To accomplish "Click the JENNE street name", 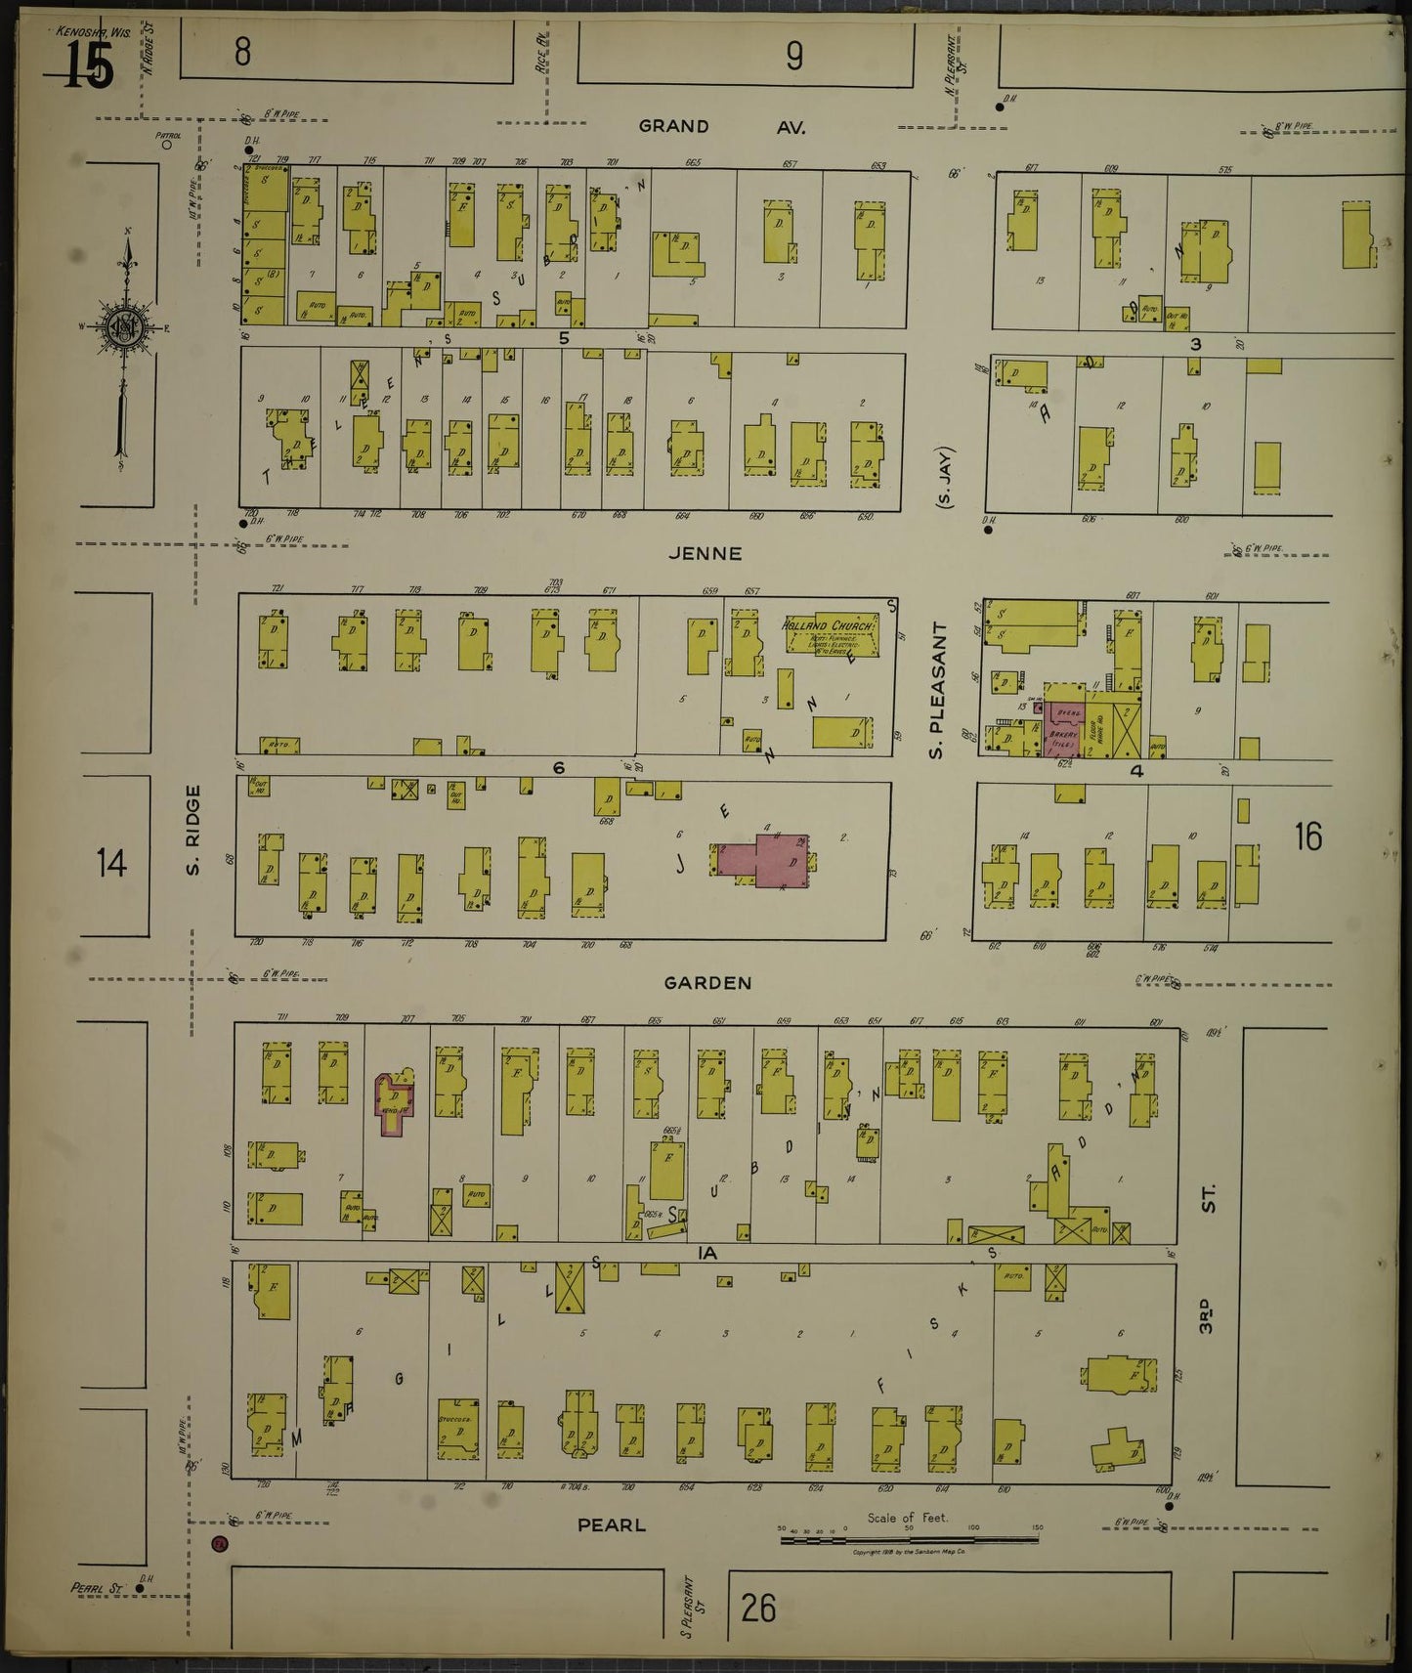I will pyautogui.click(x=705, y=553).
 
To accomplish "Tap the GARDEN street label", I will pyautogui.click(x=707, y=983).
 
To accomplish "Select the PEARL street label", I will pyautogui.click(x=612, y=1523).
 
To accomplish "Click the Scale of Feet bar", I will pyautogui.click(x=909, y=1540).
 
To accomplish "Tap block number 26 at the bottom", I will pyautogui.click(x=758, y=1607).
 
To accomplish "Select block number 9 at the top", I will pyautogui.click(x=793, y=57).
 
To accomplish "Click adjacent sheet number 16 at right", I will pyautogui.click(x=1307, y=836).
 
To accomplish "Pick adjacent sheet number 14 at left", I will pyautogui.click(x=111, y=864).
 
